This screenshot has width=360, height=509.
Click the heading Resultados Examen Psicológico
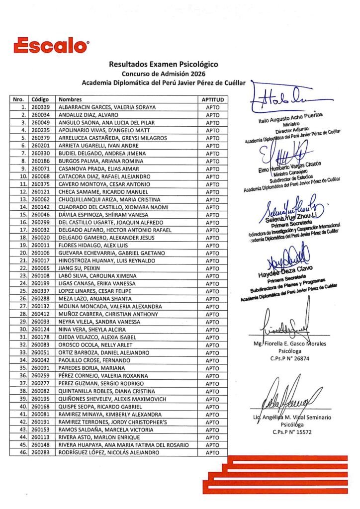(x=163, y=64)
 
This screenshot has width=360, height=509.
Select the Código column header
(x=39, y=99)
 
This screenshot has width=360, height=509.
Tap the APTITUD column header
(x=212, y=99)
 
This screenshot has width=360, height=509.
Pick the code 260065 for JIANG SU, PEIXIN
(x=40, y=268)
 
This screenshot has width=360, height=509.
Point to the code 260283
(x=40, y=453)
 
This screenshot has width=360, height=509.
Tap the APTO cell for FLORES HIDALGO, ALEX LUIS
(x=212, y=246)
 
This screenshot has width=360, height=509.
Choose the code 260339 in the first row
(x=40, y=107)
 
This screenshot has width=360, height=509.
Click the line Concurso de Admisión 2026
(x=163, y=73)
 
